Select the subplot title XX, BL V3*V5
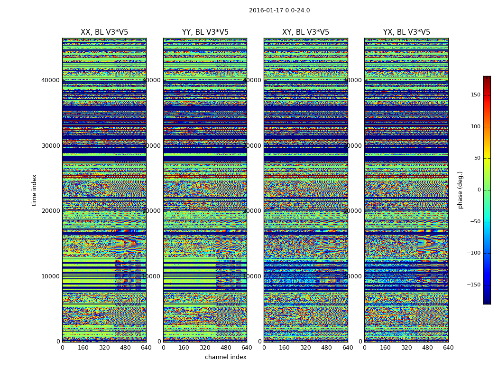click(104, 32)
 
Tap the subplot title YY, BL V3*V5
click(205, 32)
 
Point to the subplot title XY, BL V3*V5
click(305, 32)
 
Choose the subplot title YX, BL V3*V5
click(406, 32)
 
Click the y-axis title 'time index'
click(34, 190)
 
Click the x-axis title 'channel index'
click(226, 357)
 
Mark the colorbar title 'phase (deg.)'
click(460, 190)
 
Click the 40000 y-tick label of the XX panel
click(50, 80)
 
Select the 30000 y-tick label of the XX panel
click(50, 146)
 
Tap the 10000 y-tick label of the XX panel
click(50, 276)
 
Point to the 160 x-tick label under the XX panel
click(83, 348)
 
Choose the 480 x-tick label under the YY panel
click(226, 348)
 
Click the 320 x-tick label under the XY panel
click(305, 348)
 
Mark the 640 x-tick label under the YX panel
click(448, 348)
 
